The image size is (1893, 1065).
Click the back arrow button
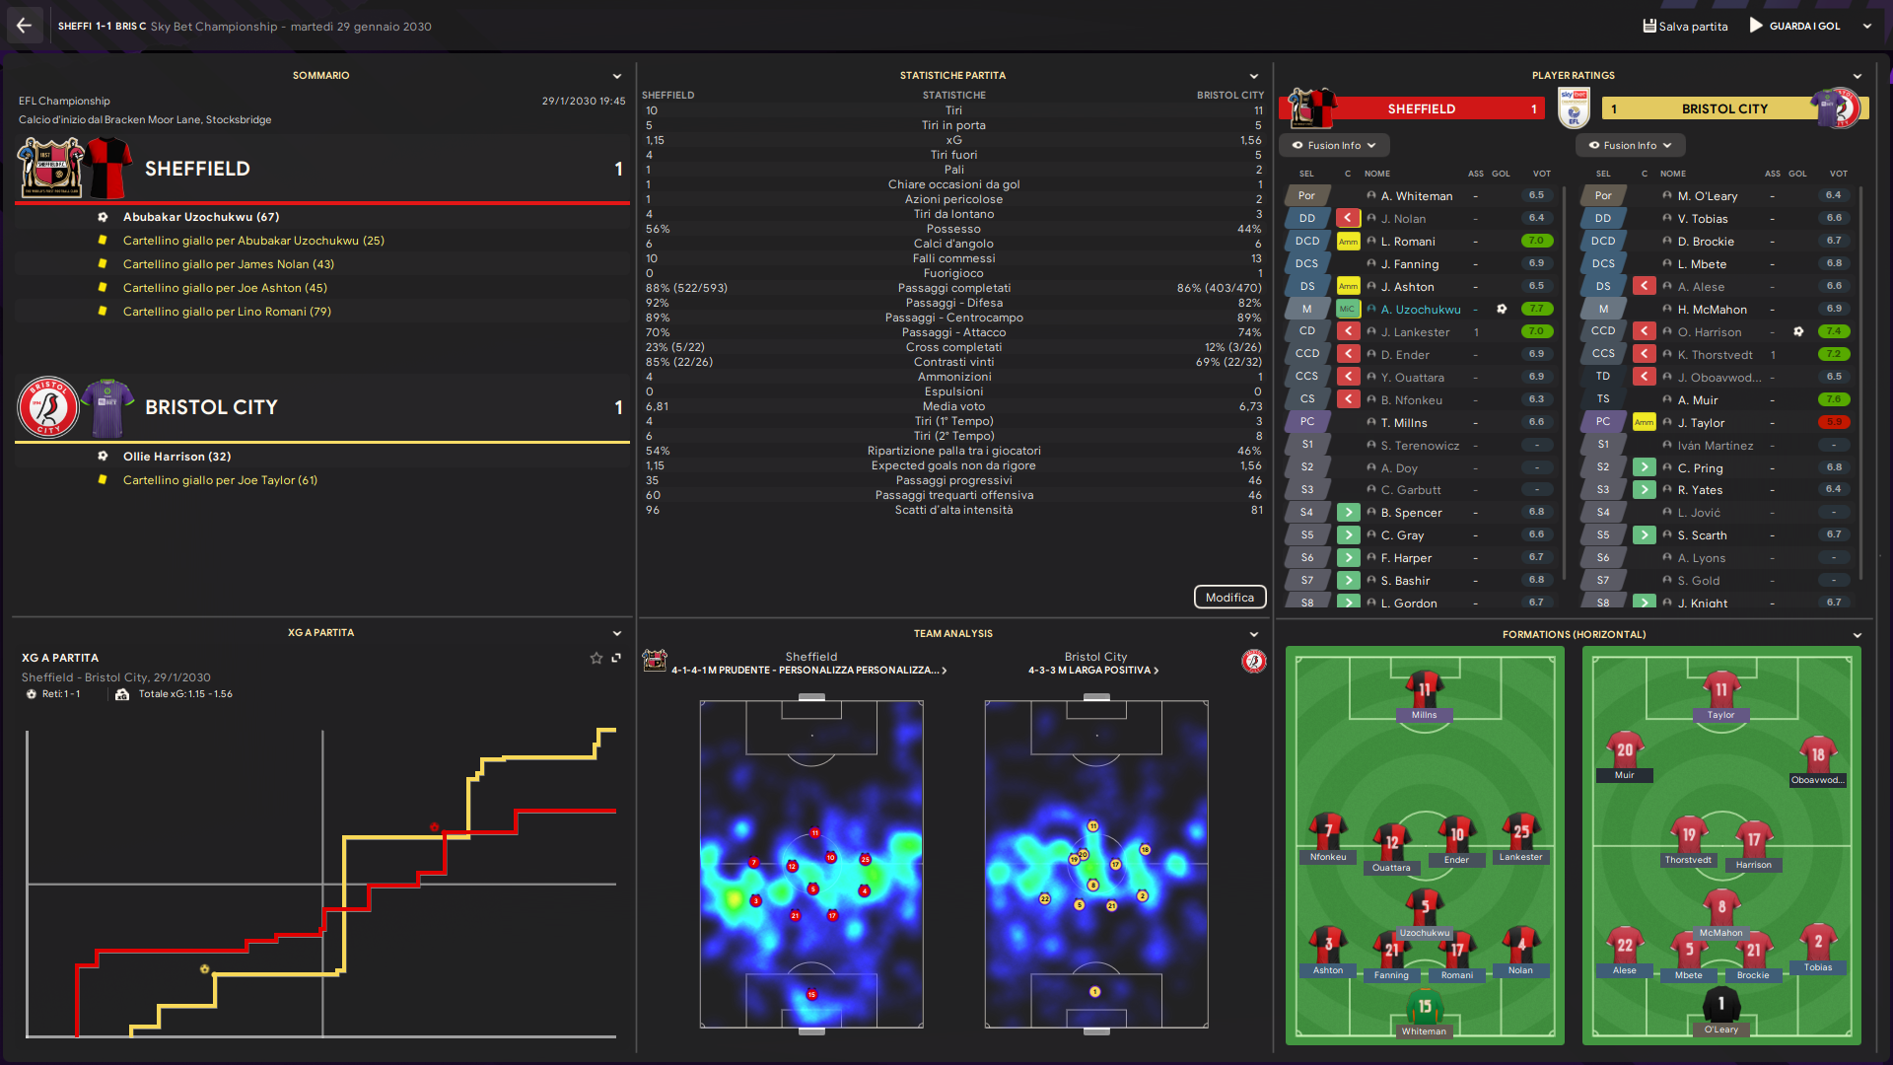point(24,26)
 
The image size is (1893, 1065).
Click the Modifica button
point(1229,598)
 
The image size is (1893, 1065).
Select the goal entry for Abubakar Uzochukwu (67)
point(201,217)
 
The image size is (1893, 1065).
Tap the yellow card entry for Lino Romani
point(227,312)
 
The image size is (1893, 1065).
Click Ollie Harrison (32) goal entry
point(176,457)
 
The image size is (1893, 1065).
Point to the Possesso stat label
point(953,229)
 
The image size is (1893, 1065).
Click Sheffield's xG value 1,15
point(655,140)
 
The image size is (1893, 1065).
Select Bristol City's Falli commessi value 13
point(1255,258)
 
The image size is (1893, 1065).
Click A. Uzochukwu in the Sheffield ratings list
point(1421,310)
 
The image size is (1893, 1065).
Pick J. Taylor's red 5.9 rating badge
point(1834,422)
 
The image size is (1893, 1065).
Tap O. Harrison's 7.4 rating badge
point(1834,331)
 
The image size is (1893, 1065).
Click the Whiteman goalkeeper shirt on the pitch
point(1425,1008)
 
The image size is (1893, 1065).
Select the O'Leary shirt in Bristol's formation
point(1721,1005)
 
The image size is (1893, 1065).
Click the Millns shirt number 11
point(1425,689)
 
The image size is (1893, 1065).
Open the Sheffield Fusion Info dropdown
point(1334,145)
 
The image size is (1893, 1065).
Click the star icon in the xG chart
point(596,658)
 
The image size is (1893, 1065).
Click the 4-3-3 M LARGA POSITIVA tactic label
point(1092,671)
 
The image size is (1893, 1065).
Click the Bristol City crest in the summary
point(48,407)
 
